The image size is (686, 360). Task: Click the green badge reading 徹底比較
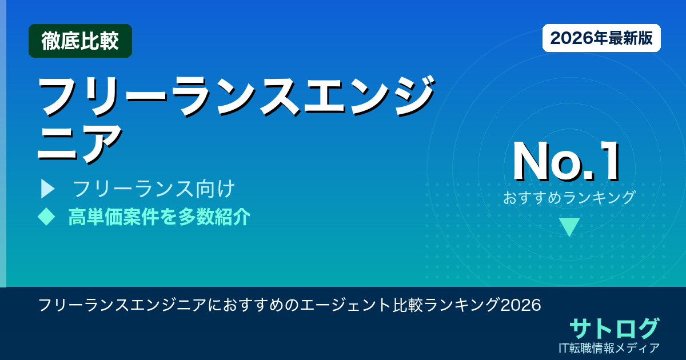80,41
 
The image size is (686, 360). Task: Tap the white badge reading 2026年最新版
601,38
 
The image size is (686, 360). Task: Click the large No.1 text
567,161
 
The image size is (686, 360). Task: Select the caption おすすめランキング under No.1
569,197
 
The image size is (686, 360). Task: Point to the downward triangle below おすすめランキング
569,227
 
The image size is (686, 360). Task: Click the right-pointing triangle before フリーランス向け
47,189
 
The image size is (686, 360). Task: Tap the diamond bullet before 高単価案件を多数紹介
46,217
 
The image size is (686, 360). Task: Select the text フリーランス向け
154,189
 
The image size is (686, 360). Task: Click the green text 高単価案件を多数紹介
159,217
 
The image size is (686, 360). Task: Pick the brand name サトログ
614,328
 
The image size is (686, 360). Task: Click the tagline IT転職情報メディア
610,347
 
